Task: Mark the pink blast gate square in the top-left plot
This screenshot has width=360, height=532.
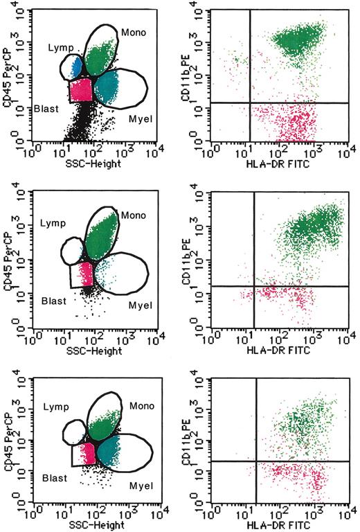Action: [x=82, y=91]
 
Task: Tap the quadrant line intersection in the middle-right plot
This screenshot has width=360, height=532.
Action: [x=254, y=287]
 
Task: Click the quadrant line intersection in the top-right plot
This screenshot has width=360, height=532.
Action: [x=249, y=103]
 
